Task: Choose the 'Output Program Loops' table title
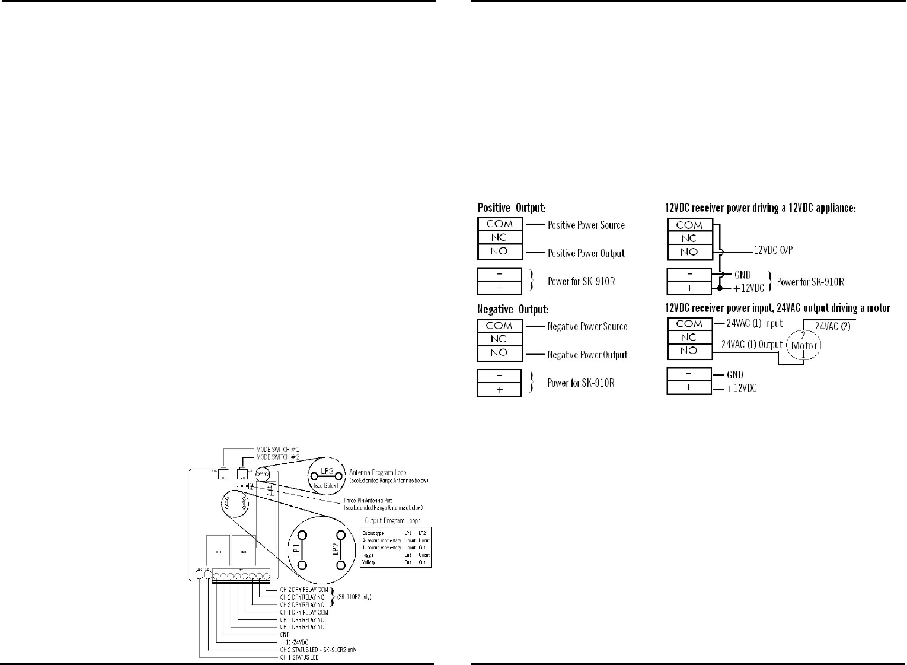click(x=392, y=521)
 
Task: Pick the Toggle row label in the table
click(x=368, y=555)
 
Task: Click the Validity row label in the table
click(x=369, y=562)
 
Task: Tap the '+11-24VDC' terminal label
click(x=294, y=642)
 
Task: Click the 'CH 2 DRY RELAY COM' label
click(x=304, y=590)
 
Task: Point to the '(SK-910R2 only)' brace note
click(x=354, y=597)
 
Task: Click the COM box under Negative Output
click(x=499, y=326)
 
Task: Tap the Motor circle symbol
click(x=804, y=345)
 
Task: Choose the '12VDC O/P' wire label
click(x=773, y=250)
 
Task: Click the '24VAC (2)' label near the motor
click(x=832, y=326)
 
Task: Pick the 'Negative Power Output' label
click(x=587, y=355)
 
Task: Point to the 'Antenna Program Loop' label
click(x=378, y=473)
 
